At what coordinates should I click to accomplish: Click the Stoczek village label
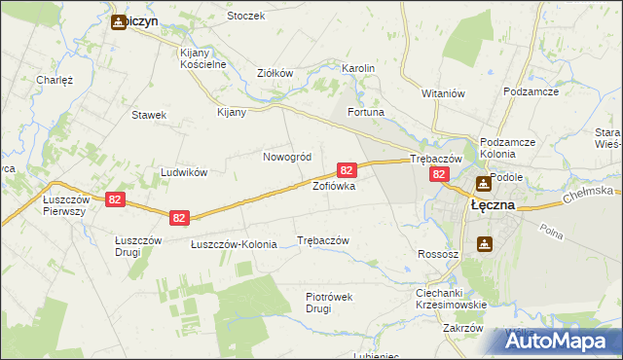point(245,17)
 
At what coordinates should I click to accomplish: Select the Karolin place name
point(358,69)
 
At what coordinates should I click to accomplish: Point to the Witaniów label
point(445,93)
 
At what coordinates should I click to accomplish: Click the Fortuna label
point(366,113)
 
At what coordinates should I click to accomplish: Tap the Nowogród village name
point(287,157)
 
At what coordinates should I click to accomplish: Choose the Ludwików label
point(184,172)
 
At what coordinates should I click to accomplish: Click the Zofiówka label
point(333,185)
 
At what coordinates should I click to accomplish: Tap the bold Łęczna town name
point(492,207)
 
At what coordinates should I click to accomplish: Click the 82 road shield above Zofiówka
point(345,170)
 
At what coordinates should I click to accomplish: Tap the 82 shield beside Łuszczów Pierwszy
point(115,199)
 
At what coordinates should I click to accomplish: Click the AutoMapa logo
point(561,341)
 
